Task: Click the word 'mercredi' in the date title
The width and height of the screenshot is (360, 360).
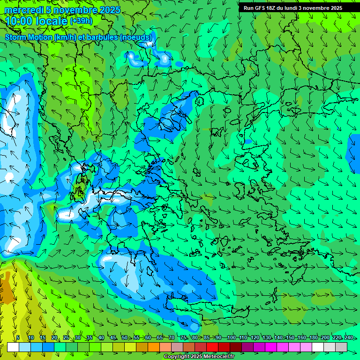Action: [23, 10]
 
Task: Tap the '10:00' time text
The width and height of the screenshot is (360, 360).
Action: [19, 21]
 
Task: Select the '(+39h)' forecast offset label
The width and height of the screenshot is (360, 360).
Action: [81, 21]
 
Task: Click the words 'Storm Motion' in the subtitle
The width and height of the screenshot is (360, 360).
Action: [28, 37]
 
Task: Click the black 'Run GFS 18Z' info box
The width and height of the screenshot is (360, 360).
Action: [292, 8]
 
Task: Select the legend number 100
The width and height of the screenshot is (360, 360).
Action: [231, 337]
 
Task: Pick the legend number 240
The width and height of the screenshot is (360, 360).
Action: [348, 337]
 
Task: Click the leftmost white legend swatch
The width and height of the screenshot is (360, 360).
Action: [13, 347]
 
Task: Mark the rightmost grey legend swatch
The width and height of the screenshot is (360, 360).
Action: [342, 347]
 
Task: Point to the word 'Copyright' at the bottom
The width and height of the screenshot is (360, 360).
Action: [177, 357]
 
